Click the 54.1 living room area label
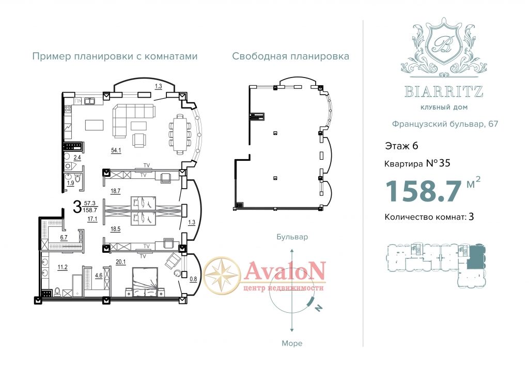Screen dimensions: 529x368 click(x=116, y=150)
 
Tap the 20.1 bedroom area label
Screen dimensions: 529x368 click(x=120, y=262)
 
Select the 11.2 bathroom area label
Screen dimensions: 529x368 click(x=63, y=267)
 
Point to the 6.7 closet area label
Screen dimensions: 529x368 click(x=64, y=237)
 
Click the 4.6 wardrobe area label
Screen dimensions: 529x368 click(x=99, y=275)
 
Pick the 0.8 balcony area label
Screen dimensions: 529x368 click(x=193, y=279)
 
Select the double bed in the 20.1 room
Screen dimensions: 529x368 click(x=145, y=282)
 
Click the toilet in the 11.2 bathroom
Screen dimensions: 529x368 click(x=57, y=292)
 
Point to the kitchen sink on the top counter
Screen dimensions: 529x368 click(x=89, y=101)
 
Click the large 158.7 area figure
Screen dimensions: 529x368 click(x=423, y=191)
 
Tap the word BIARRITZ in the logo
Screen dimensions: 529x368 click(x=444, y=91)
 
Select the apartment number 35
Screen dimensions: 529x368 click(x=445, y=163)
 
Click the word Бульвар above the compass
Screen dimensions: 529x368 click(x=292, y=237)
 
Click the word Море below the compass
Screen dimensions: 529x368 click(x=292, y=343)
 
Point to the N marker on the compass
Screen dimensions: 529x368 click(x=318, y=308)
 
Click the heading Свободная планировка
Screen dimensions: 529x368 click(x=290, y=56)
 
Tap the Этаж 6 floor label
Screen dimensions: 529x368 click(x=401, y=146)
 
